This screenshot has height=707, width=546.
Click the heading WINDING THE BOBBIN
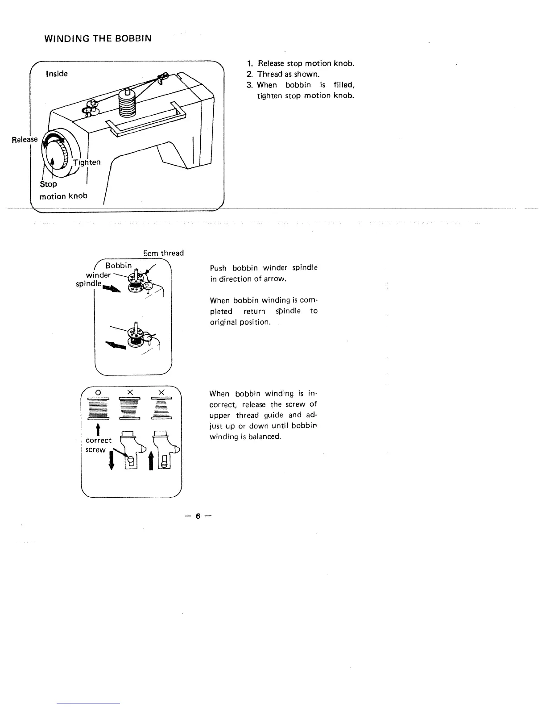[x=98, y=38]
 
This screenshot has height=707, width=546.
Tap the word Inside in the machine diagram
[x=57, y=74]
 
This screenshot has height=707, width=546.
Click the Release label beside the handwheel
[x=25, y=139]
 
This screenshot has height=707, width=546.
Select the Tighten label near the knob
[x=87, y=162]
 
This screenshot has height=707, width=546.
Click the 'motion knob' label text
[x=63, y=196]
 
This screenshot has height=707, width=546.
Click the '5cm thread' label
[x=163, y=253]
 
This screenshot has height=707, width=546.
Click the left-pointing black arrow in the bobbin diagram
[x=115, y=345]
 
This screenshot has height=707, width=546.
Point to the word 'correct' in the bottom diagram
[x=98, y=440]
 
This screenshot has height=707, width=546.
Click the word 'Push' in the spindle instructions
[x=218, y=268]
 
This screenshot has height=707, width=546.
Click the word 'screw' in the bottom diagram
[x=95, y=449]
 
